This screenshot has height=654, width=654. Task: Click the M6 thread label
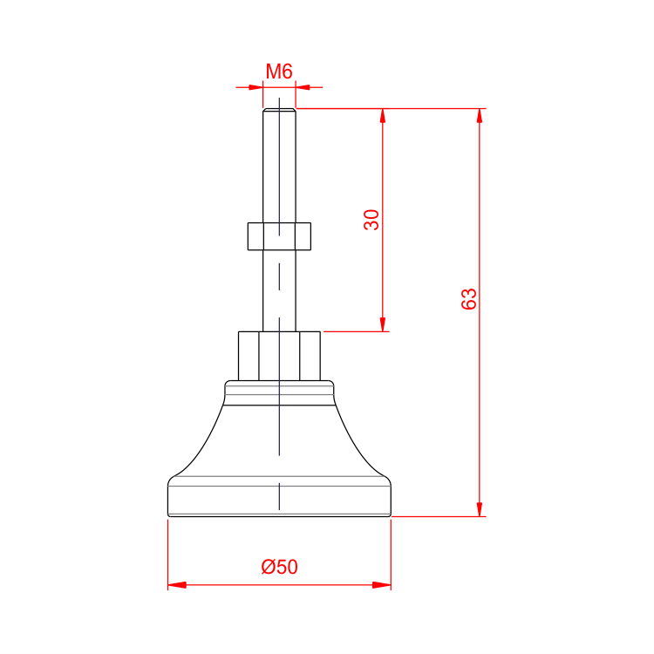click(279, 72)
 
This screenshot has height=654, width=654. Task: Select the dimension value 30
click(371, 220)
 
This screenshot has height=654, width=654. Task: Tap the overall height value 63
click(469, 298)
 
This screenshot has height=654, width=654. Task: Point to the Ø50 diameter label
click(279, 567)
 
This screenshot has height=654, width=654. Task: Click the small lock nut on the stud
click(279, 236)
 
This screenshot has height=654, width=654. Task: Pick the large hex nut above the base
click(279, 356)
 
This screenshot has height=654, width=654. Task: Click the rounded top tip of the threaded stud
click(279, 110)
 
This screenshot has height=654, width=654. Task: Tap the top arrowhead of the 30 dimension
click(383, 116)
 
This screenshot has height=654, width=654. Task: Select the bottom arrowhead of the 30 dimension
click(383, 324)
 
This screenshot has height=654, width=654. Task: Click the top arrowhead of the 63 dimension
click(480, 116)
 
